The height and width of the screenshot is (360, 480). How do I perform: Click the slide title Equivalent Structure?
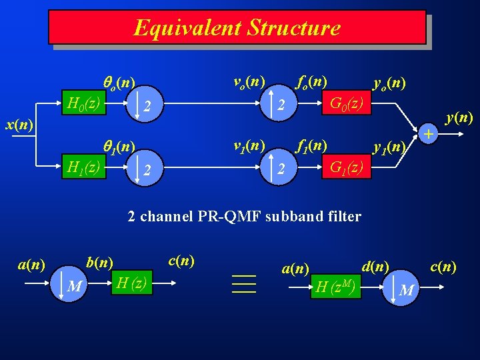237,27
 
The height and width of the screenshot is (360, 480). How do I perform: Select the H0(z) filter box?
84,104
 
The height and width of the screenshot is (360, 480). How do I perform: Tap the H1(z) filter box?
84,167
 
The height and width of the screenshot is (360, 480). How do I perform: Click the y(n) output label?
459,118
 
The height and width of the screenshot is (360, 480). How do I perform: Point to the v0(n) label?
249,81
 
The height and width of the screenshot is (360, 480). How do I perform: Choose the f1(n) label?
311,145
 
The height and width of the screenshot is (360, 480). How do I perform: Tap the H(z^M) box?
335,287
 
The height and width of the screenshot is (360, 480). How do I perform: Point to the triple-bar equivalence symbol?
244,283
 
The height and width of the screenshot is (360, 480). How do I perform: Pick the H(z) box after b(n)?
131,283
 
